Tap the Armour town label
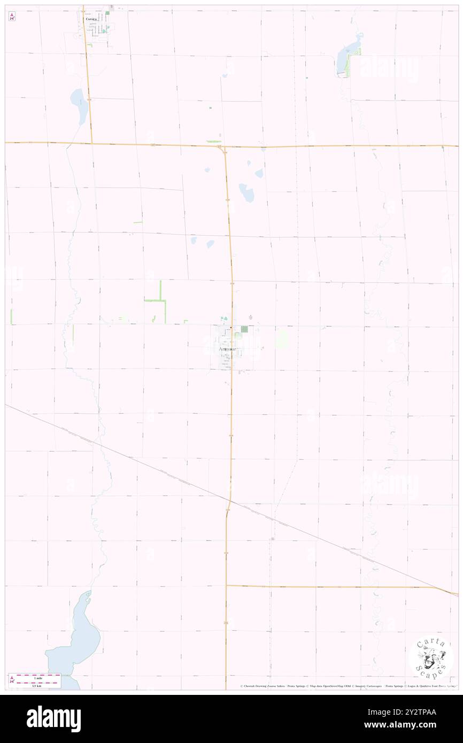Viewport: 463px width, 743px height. tap(230, 349)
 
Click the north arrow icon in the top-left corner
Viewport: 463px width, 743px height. tap(11, 17)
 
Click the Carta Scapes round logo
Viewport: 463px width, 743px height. tap(431, 657)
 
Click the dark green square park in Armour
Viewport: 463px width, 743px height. tap(244, 329)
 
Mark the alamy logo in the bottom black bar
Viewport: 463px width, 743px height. tap(54, 719)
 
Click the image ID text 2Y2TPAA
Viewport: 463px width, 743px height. tap(420, 712)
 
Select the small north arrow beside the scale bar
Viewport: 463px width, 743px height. tap(12, 679)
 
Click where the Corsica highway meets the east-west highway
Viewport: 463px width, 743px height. tap(91, 143)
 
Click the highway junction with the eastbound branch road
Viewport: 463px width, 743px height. tap(227, 585)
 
